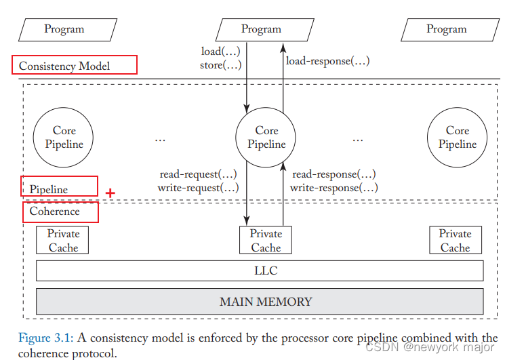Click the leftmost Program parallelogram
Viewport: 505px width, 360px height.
tap(64, 29)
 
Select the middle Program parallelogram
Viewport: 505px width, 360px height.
tap(261, 29)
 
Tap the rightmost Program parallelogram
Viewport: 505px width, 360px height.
tap(446, 29)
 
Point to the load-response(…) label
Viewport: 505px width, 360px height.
tap(327, 61)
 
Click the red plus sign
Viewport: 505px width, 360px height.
tap(110, 193)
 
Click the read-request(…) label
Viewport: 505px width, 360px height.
tap(198, 174)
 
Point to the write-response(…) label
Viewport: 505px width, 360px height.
tap(334, 188)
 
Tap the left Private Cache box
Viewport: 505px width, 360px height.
tap(63, 240)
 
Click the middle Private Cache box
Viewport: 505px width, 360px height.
tap(266, 240)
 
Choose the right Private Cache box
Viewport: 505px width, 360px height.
tap(455, 240)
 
